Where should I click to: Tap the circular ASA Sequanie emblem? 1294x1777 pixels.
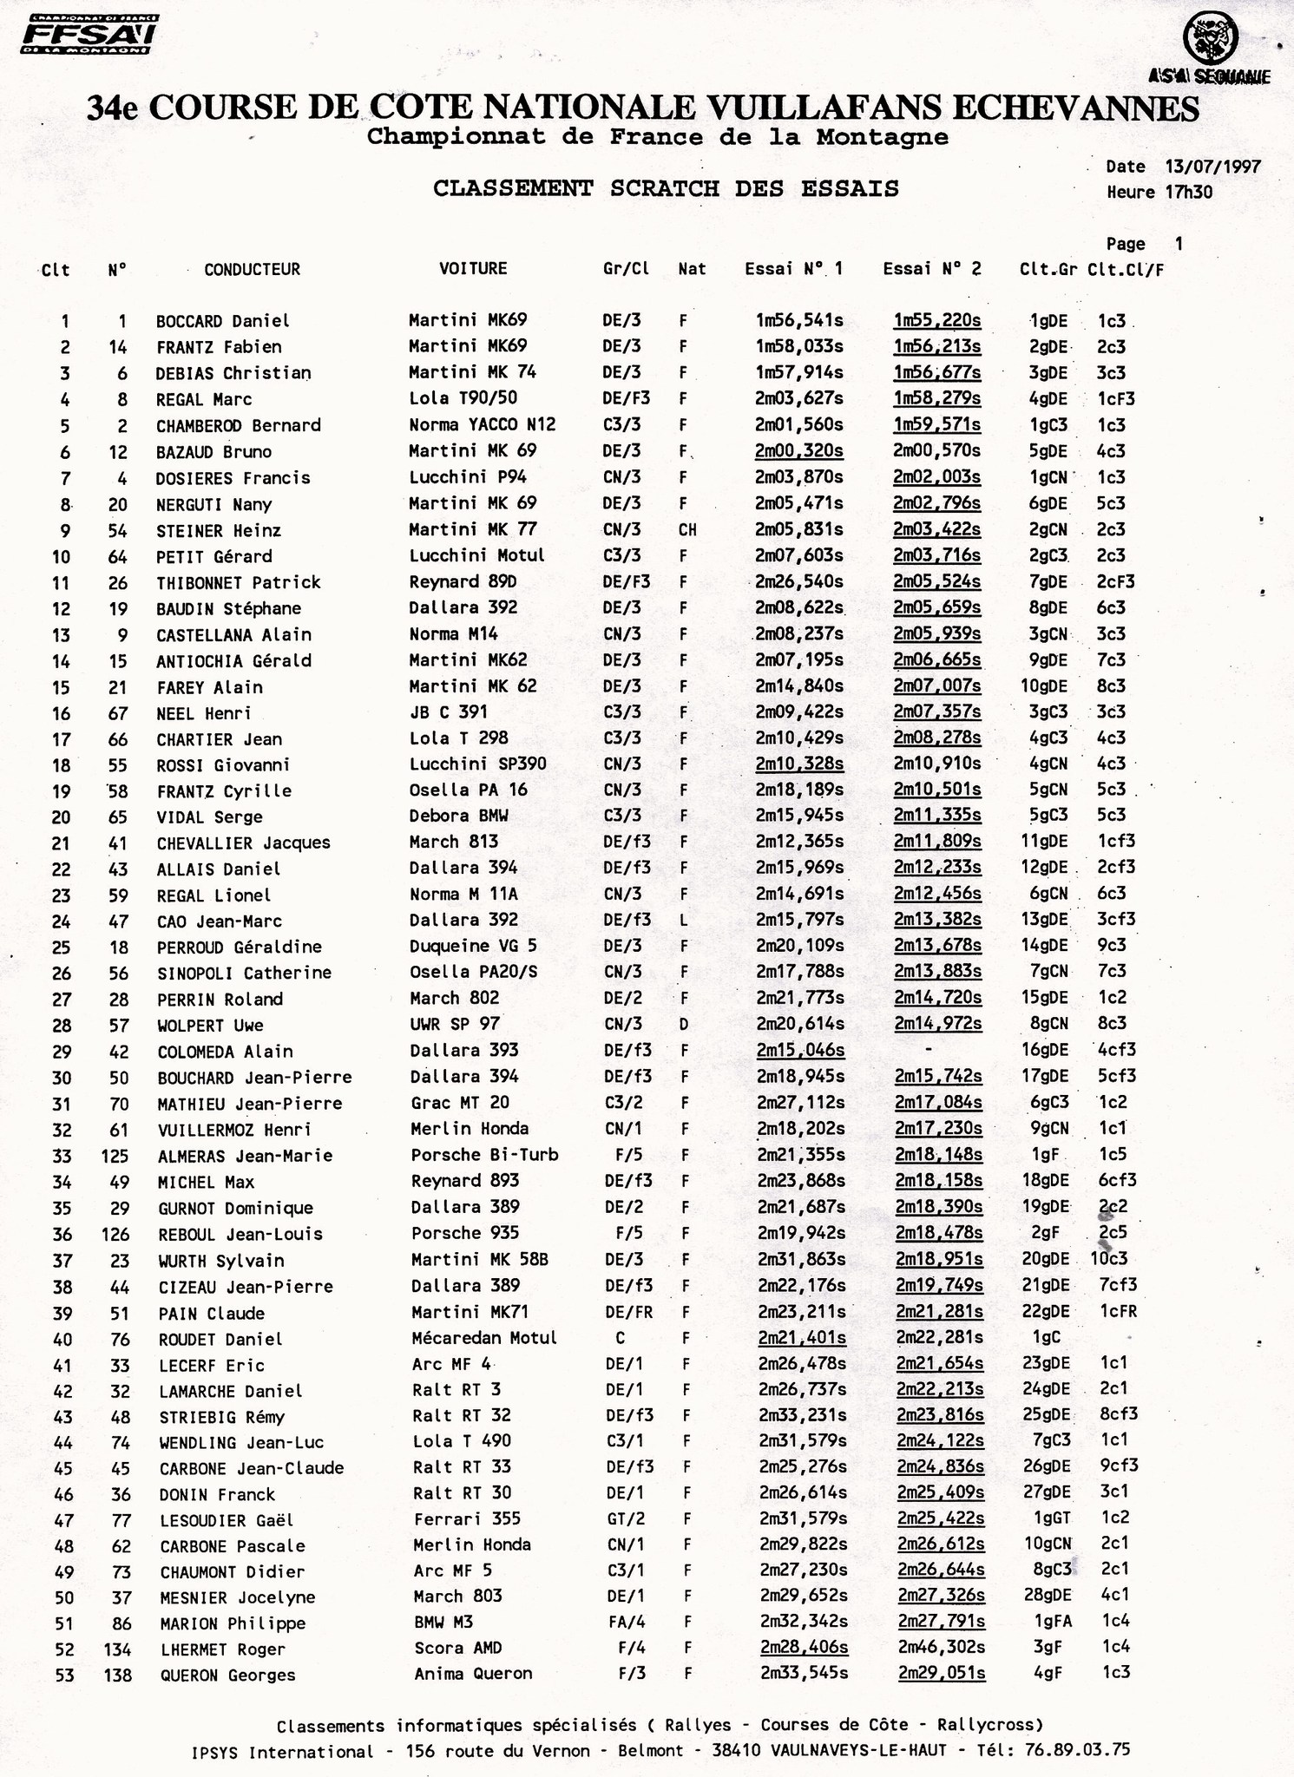[x=1211, y=39]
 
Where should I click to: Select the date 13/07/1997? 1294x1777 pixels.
[x=1212, y=167]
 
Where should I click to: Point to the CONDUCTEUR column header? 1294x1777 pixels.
[x=252, y=269]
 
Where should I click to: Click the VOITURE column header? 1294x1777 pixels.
[x=473, y=268]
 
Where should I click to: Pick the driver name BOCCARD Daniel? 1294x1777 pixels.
[x=222, y=321]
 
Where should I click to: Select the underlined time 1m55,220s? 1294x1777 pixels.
[x=937, y=320]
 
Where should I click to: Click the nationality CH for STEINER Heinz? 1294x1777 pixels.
[x=687, y=529]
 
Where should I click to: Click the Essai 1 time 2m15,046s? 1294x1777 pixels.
[x=800, y=1050]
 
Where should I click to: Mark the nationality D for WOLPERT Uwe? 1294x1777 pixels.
[x=684, y=1025]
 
